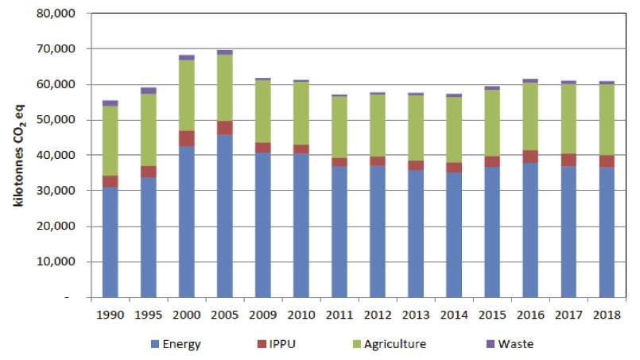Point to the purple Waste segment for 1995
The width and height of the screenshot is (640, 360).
point(149,91)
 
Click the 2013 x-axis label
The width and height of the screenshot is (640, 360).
point(415,314)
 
